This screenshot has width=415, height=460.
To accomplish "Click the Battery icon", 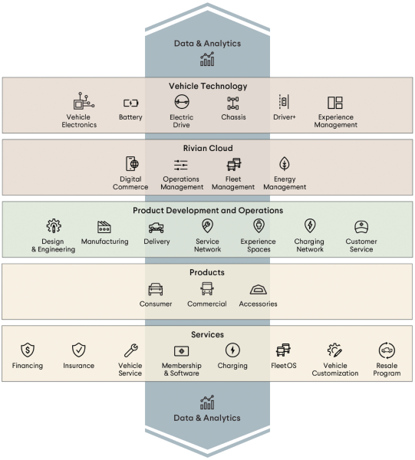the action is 130,103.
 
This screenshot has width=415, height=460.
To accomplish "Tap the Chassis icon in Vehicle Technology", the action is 233,103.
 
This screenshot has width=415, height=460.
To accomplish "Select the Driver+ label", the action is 285,117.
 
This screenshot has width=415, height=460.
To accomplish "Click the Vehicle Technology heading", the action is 208,86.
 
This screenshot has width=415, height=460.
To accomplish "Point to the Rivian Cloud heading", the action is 208,148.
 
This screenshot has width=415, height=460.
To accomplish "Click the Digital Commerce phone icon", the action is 132,164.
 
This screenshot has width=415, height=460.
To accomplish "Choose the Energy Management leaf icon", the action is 285,163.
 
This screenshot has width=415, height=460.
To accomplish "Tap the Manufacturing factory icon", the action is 104,227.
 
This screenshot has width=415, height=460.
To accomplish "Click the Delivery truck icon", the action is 156,228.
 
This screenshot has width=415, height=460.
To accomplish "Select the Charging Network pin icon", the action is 310,225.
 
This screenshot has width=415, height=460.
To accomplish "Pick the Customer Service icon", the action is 361,227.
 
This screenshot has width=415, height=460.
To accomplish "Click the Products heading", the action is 207,272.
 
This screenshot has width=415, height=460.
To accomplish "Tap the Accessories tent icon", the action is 259,290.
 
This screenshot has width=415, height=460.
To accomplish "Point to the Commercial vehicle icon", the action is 207,289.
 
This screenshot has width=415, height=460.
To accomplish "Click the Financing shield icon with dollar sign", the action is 28,350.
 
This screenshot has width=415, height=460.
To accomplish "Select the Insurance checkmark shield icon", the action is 79,350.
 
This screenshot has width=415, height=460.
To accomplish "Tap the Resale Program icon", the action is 387,350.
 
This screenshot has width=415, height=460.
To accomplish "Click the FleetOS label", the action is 284,366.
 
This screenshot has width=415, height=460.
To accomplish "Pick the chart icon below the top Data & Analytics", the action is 207,59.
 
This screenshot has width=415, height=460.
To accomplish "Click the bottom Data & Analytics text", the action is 207,418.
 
